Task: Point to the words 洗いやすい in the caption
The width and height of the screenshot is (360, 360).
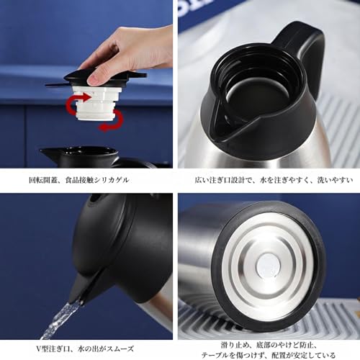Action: (x=336, y=180)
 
